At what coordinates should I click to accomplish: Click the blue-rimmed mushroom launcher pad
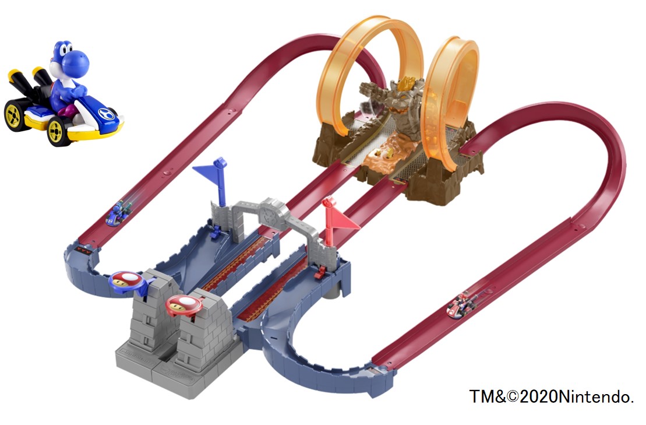click(x=128, y=281)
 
